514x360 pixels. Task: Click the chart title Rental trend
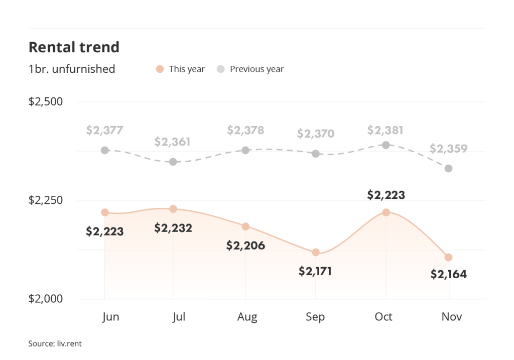(x=74, y=47)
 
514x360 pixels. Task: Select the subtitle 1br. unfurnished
(x=72, y=69)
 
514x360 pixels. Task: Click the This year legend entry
(x=181, y=69)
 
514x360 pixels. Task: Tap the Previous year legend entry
(x=250, y=69)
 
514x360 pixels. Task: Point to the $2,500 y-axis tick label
(x=46, y=102)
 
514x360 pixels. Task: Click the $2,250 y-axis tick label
(x=46, y=200)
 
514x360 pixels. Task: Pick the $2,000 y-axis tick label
(x=46, y=299)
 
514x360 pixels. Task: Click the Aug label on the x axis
(x=247, y=317)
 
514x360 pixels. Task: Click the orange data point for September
(x=316, y=252)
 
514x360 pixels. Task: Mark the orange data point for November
(x=449, y=258)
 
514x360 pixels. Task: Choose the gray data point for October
(x=386, y=145)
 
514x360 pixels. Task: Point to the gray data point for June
(x=105, y=150)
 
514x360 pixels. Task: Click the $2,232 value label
(x=173, y=228)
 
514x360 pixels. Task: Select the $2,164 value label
(x=449, y=274)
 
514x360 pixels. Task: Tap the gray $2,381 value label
(x=386, y=130)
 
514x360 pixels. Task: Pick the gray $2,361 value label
(x=172, y=142)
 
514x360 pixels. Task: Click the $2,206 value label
(x=245, y=246)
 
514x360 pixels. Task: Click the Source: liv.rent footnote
(x=55, y=344)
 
